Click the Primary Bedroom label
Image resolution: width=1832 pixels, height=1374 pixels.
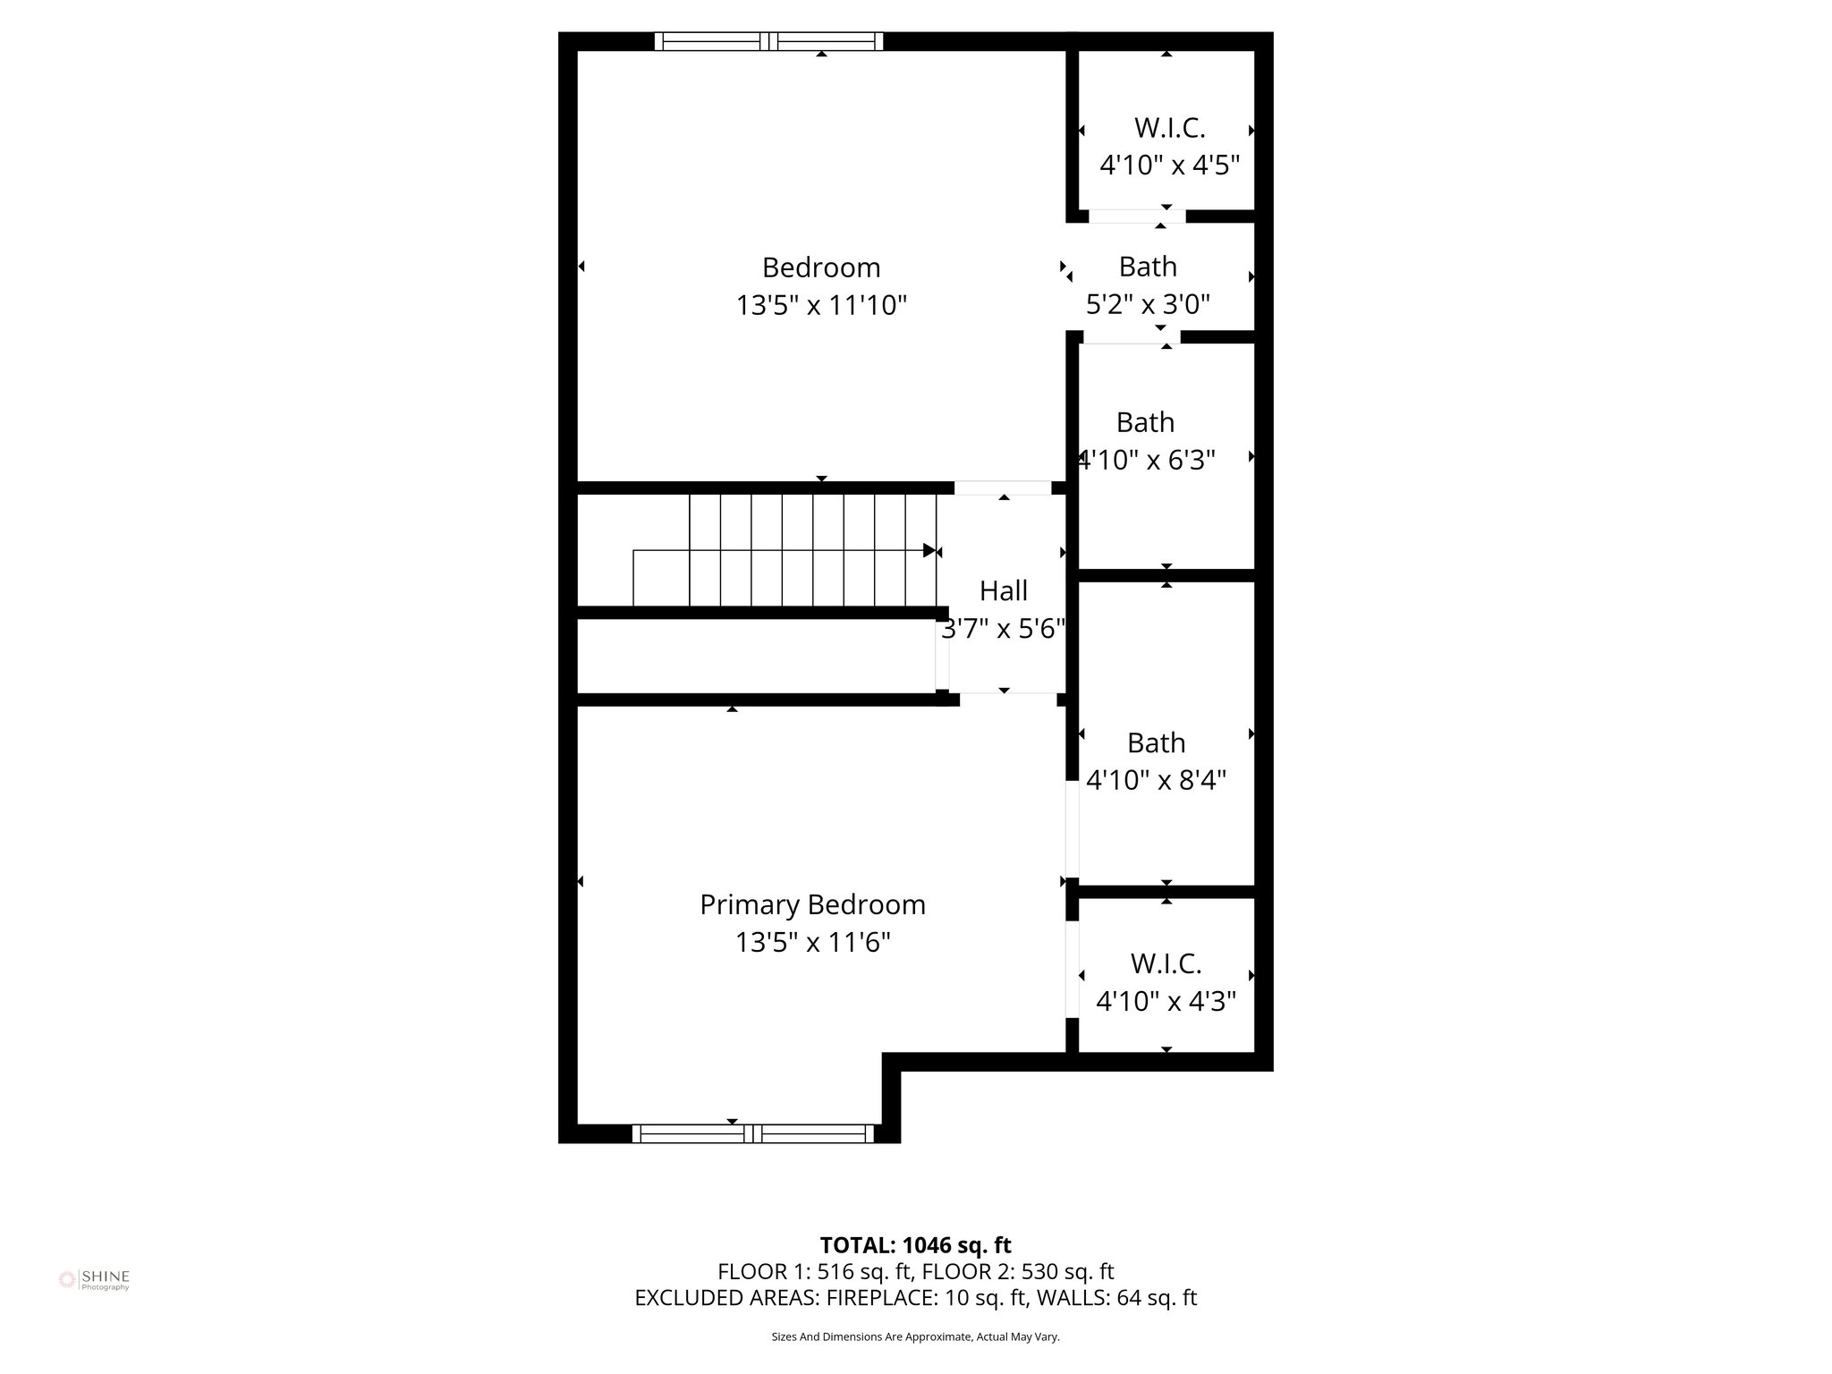click(812, 904)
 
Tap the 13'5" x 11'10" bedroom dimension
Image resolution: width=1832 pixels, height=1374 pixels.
click(821, 306)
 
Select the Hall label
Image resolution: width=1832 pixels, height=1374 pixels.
click(1003, 590)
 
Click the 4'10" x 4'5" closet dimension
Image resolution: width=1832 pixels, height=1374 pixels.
click(1169, 165)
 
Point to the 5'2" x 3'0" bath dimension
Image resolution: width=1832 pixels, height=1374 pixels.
click(1148, 305)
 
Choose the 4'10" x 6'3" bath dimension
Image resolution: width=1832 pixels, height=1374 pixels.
click(1147, 460)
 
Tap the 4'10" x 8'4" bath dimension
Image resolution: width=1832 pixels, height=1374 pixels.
click(1156, 780)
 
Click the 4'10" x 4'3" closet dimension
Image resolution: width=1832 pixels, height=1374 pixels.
click(1166, 1001)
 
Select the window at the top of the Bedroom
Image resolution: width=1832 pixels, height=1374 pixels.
click(768, 41)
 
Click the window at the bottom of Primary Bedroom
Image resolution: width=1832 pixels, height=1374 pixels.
click(752, 1133)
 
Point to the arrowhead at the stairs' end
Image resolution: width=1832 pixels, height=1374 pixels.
click(929, 550)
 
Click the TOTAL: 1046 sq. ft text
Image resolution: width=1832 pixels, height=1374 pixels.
click(915, 1245)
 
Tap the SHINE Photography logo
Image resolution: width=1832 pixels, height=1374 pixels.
click(94, 1279)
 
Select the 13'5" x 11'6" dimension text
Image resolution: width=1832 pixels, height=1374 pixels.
click(812, 943)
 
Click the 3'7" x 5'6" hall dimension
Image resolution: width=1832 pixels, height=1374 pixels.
click(1003, 629)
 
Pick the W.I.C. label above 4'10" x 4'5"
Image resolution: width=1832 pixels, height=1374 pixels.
click(1169, 128)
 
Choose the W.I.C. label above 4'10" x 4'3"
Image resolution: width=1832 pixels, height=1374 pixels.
click(1166, 963)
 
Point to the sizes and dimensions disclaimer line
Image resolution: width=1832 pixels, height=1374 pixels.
click(915, 1336)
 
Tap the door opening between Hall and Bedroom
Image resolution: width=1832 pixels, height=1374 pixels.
click(1003, 488)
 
